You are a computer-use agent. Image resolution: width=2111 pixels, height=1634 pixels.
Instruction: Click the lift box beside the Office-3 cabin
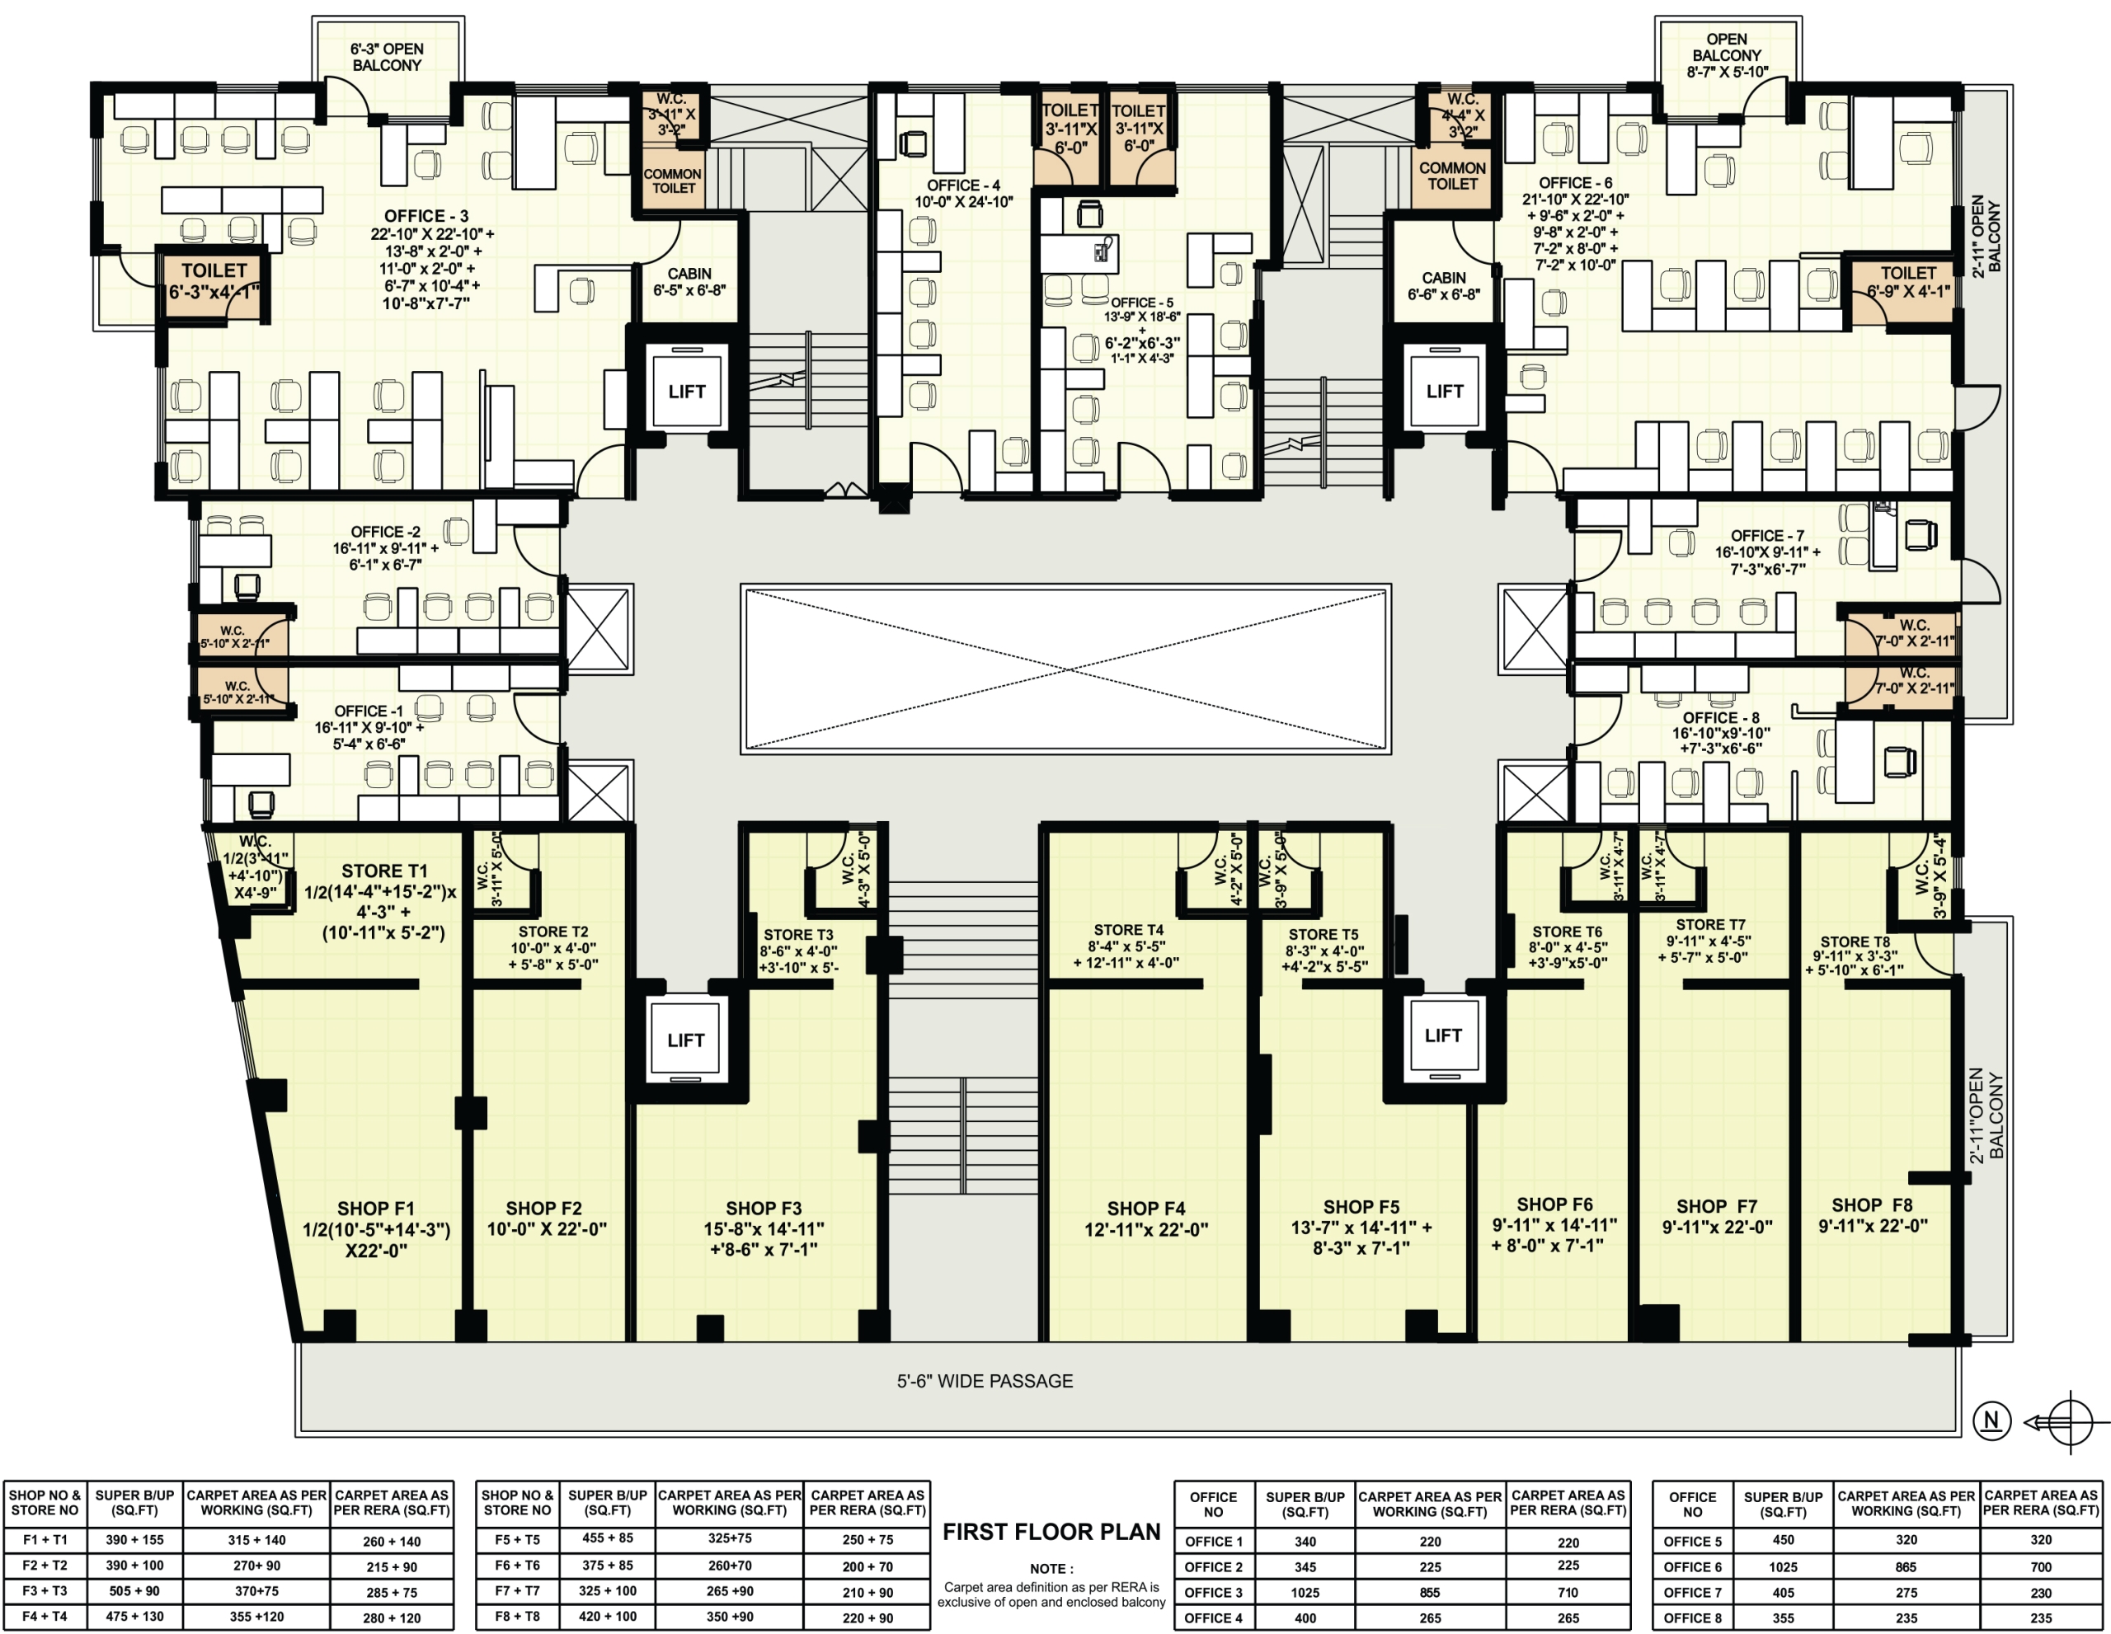(686, 392)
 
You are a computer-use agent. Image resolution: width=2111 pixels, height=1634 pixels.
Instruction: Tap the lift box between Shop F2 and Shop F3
(685, 1040)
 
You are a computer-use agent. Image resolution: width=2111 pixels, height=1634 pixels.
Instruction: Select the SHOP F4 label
(1145, 1209)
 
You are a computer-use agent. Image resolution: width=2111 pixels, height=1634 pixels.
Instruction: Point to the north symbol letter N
(1991, 1420)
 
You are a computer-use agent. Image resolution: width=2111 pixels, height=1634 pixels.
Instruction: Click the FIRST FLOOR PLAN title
(1051, 1532)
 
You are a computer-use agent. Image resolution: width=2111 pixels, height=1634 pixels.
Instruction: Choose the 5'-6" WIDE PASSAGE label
(985, 1381)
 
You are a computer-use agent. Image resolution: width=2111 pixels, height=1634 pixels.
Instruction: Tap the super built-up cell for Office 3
(1305, 1593)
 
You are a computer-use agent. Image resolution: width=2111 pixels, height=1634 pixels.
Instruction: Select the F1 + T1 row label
(45, 1540)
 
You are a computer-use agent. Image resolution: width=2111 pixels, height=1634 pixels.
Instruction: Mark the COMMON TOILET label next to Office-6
(1452, 176)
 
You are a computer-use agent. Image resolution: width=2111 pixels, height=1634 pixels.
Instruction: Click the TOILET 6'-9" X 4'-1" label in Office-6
(1908, 281)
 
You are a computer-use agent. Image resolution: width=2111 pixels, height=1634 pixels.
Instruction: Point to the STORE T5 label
(1323, 934)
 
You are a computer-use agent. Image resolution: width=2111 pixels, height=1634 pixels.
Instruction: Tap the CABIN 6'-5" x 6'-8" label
(689, 281)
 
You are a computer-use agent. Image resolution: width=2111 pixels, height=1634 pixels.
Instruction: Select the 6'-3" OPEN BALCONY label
(387, 57)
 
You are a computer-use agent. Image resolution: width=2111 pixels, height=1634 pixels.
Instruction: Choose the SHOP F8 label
(1872, 1205)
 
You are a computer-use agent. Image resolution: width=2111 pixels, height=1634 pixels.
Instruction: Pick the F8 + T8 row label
(517, 1616)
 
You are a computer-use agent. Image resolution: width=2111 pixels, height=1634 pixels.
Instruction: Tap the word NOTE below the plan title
(1051, 1568)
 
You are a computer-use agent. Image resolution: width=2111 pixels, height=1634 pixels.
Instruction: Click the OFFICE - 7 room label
(1767, 535)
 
